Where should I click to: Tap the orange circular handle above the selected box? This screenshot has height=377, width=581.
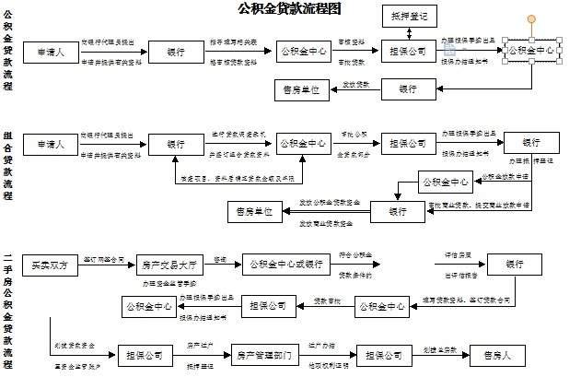tap(530, 19)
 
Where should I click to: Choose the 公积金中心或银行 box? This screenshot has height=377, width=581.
tap(287, 265)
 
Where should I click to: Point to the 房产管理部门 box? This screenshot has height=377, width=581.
tap(263, 355)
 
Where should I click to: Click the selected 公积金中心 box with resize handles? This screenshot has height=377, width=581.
tap(530, 52)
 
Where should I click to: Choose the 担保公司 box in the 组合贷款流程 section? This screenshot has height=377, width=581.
tap(409, 144)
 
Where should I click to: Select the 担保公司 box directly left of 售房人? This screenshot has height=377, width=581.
tap(384, 355)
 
